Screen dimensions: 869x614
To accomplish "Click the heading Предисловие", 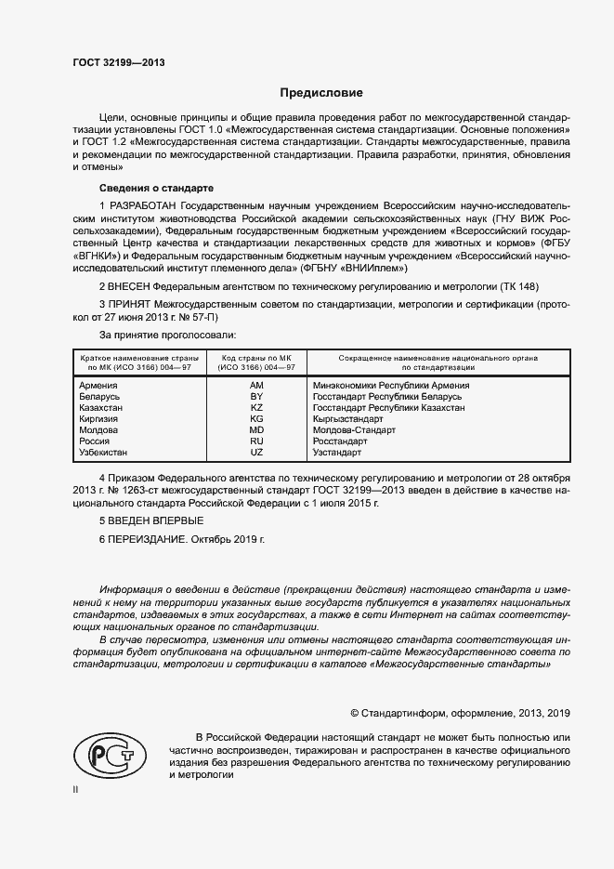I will [322, 93].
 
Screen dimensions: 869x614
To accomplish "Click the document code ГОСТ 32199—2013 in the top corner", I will [120, 63].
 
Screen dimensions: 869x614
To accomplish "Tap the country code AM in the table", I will [257, 385].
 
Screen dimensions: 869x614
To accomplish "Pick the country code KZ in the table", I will [257, 408].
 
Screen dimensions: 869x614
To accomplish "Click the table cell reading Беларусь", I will [100, 397].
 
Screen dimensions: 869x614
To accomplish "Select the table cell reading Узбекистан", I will [106, 453].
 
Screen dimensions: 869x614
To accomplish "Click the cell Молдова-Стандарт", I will [354, 430].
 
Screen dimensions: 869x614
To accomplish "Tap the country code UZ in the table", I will [257, 453].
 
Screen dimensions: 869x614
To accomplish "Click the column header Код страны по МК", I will [256, 358].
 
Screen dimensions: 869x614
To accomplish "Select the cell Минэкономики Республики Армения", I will [391, 385].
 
